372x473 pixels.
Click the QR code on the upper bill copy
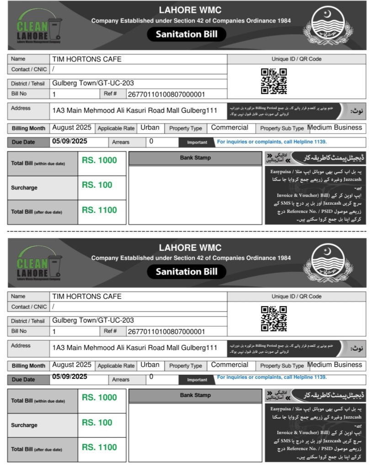pyautogui.click(x=274, y=81)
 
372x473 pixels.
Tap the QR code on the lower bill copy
pyautogui.click(x=274, y=318)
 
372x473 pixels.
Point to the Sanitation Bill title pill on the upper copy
pyautogui.click(x=186, y=34)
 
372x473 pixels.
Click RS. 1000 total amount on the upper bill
pyautogui.click(x=99, y=160)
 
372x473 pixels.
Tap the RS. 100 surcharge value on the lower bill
pyautogui.click(x=97, y=422)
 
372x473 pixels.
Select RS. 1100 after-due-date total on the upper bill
pyautogui.click(x=99, y=210)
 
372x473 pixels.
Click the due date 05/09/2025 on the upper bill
pyautogui.click(x=69, y=141)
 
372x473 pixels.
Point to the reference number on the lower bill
pyautogui.click(x=166, y=331)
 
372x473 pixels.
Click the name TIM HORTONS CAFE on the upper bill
pyautogui.click(x=87, y=59)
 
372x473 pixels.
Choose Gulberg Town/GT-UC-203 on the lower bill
pyautogui.click(x=93, y=320)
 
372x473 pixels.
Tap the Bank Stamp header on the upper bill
pyautogui.click(x=195, y=158)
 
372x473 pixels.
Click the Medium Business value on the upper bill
pyautogui.click(x=335, y=128)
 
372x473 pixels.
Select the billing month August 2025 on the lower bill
pyautogui.click(x=72, y=365)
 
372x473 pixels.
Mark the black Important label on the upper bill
pyautogui.click(x=197, y=142)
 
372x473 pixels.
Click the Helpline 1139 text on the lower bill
pyautogui.click(x=272, y=377)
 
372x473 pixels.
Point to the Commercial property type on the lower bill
pyautogui.click(x=229, y=365)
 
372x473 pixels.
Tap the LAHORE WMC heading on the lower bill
pyautogui.click(x=190, y=248)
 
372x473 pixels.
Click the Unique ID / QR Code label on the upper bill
pyautogui.click(x=297, y=59)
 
